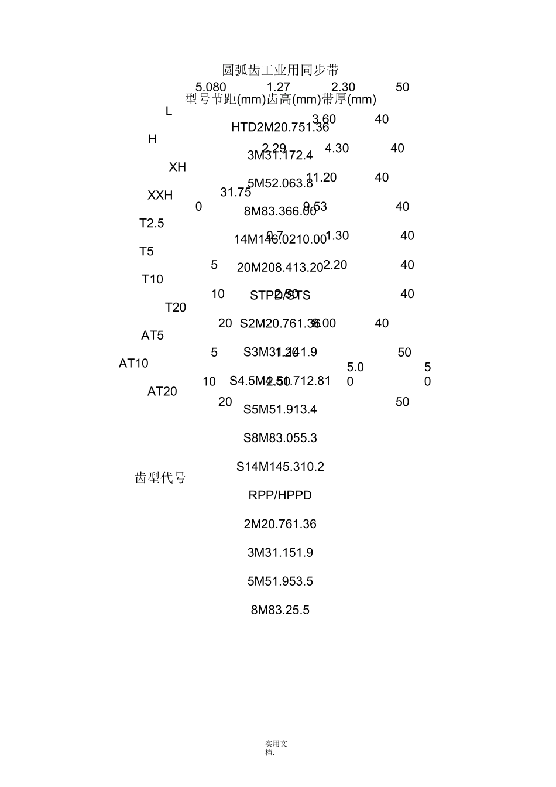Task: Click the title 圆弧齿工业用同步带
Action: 280,71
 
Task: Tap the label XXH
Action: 160,196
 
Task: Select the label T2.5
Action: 152,224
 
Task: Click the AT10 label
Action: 133,364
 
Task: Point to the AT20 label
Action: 162,392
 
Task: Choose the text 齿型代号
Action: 160,478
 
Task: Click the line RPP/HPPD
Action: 280,495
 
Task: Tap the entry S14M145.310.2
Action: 280,467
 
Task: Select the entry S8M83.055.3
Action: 280,438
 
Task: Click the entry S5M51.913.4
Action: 280,409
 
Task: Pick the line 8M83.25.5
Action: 280,610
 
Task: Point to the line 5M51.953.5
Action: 280,581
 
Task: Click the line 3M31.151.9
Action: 280,553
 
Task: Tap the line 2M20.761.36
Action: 280,524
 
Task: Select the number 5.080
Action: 211,87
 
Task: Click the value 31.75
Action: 235,192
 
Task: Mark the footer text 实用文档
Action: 276,748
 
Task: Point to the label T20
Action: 175,307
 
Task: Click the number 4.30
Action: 337,149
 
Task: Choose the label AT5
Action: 152,336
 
